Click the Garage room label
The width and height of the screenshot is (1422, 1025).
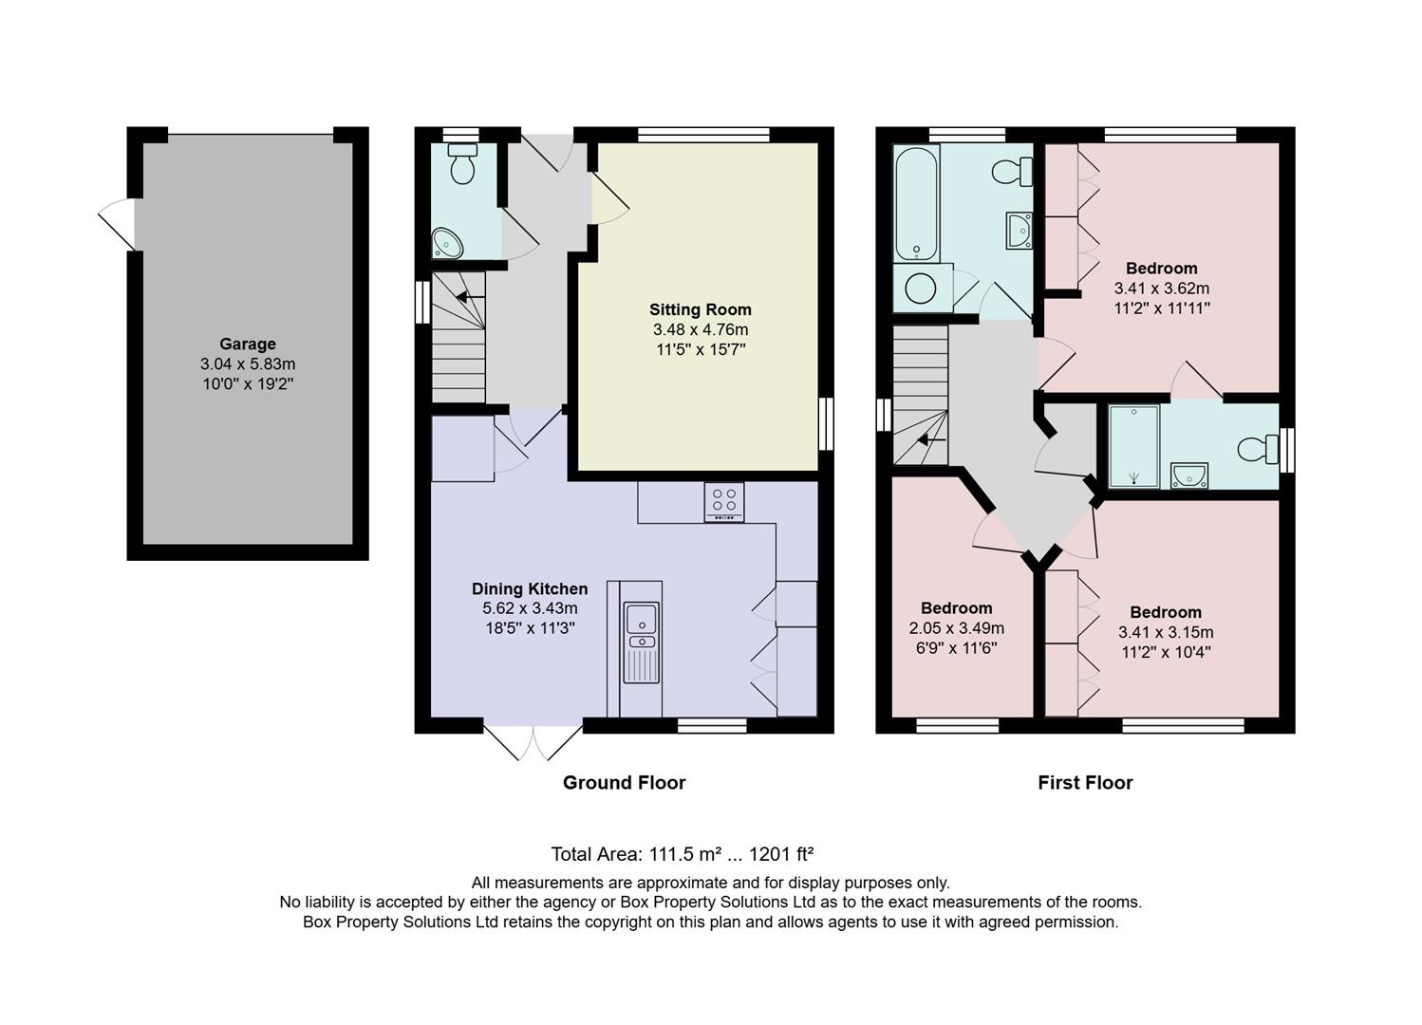click(248, 345)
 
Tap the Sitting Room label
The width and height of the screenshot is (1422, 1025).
click(700, 309)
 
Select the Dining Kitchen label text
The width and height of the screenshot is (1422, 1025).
click(530, 589)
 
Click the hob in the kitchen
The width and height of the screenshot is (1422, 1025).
click(723, 502)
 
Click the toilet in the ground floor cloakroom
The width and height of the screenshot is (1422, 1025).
click(462, 164)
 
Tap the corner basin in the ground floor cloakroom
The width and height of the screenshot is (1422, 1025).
click(446, 243)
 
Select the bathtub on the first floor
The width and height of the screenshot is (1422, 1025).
click(916, 203)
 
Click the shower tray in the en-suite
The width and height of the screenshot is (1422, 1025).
click(1133, 446)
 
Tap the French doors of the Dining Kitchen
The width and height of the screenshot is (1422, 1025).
click(533, 743)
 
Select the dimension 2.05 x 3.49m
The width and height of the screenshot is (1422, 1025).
click(956, 628)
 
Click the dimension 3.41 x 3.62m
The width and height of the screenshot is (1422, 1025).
click(1161, 289)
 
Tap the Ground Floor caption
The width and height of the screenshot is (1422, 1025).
click(624, 783)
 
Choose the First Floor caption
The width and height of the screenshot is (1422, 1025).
click(1085, 783)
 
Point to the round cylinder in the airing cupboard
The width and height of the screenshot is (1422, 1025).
click(920, 288)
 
